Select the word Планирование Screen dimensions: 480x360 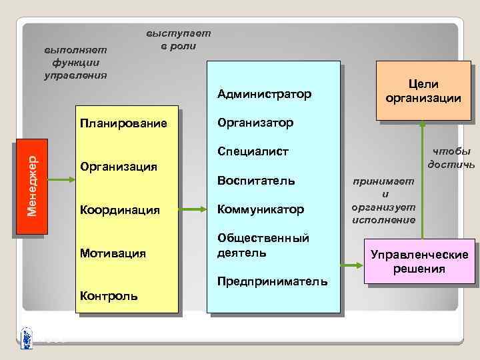(123, 124)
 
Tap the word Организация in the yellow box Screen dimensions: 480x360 (118, 167)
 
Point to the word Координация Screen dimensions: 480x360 (119, 210)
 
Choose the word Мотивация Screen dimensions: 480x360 (113, 253)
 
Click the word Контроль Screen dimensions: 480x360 (109, 295)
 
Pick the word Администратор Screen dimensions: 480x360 (264, 94)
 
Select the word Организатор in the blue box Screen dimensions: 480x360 (255, 123)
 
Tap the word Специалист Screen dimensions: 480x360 (253, 152)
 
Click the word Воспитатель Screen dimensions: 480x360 (256, 181)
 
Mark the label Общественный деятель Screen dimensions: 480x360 (263, 245)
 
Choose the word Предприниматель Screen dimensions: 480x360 (273, 281)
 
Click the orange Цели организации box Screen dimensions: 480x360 (423, 91)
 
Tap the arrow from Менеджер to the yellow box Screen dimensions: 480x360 (59, 178)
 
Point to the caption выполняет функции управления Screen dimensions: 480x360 (75, 63)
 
